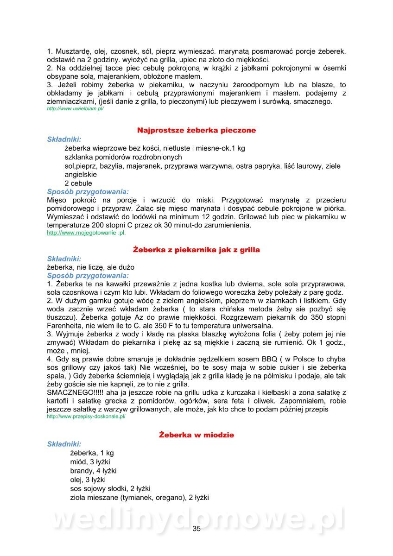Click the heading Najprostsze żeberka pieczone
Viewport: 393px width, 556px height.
196,131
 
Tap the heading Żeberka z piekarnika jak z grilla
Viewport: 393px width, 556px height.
196,250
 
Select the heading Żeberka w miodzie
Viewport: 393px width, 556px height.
196,435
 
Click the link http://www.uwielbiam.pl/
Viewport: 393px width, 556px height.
75,108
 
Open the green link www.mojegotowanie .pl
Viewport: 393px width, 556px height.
86,233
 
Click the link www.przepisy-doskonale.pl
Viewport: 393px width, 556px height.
86,417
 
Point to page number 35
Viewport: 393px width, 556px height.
196,530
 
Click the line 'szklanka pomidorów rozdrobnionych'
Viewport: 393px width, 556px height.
123,157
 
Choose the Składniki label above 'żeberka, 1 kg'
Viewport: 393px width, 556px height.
64,444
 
